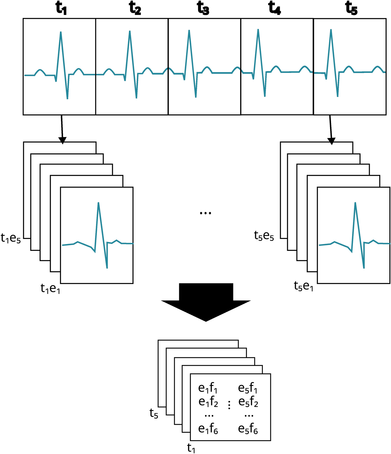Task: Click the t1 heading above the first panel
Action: point(61,9)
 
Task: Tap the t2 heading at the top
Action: point(135,9)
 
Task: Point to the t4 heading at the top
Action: point(275,9)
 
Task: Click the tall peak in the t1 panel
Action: point(61,33)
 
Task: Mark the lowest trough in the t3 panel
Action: point(196,97)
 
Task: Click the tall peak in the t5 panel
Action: point(331,30)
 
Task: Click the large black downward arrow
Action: point(206,303)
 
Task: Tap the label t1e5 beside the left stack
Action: point(11,238)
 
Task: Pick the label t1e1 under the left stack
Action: point(50,289)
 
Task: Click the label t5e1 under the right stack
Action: point(303,286)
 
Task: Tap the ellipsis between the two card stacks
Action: point(205,213)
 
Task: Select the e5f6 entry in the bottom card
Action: point(248,429)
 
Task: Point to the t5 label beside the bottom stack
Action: point(154,414)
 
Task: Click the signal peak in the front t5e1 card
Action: point(355,203)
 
